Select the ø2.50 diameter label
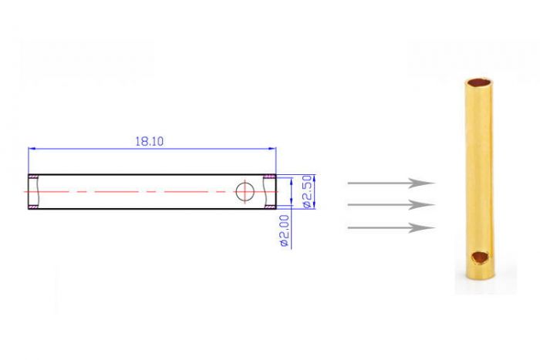tap(306, 191)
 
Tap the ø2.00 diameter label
tap(284, 230)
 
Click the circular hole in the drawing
tap(245, 191)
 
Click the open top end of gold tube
tap(476, 79)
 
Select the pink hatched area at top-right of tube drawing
tap(270, 177)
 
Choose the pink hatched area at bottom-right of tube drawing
tap(270, 207)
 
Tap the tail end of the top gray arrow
tap(349, 183)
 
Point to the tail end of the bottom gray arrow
tap(349, 227)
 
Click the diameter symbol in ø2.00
tap(284, 243)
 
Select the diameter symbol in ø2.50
tap(306, 204)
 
